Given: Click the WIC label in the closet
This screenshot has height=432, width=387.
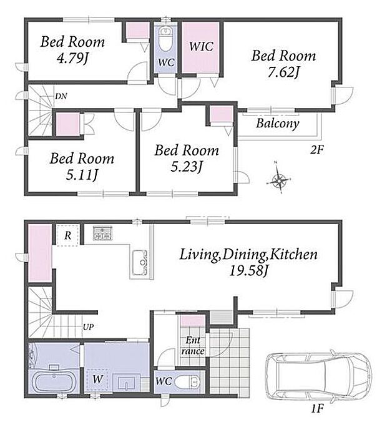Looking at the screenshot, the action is click(201, 47).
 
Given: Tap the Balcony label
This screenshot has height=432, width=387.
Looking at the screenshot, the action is click(277, 123).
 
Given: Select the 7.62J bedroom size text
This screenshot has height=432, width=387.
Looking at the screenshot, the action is click(283, 72).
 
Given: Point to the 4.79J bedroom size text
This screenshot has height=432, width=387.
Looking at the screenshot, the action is click(72, 58).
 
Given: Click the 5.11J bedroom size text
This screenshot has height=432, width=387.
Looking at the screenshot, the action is click(82, 175).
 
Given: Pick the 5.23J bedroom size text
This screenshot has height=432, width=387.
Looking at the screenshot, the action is click(187, 167).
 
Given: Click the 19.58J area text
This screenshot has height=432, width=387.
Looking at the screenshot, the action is click(248, 271).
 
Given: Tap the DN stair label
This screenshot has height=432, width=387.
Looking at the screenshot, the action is click(61, 96).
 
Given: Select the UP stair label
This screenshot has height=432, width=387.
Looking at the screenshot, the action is click(88, 327).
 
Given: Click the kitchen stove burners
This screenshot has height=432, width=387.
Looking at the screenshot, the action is click(103, 233).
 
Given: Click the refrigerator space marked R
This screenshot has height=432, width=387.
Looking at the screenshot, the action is click(68, 235).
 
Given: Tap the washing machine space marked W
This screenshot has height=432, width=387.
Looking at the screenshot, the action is click(97, 380).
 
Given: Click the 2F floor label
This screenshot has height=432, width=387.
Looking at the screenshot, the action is click(316, 150).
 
